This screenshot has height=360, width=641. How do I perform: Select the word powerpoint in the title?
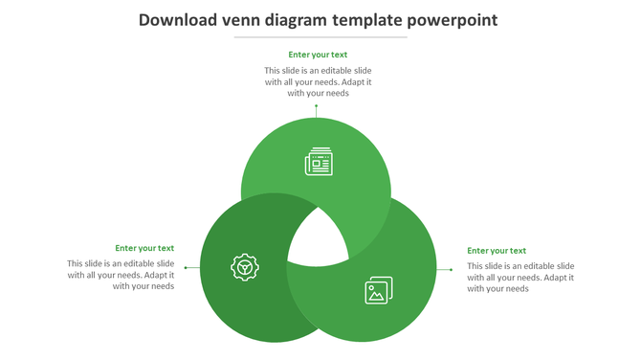coord(453,19)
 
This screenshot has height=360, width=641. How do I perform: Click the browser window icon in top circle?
coord(319,163)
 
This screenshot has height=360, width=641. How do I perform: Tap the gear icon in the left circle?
coord(246,267)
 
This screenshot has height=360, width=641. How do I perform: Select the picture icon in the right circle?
coord(379,290)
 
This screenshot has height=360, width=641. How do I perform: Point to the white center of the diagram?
coord(318,239)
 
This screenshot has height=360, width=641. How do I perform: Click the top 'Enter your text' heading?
coord(318,55)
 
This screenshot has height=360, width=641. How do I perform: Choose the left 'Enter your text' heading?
coord(144,248)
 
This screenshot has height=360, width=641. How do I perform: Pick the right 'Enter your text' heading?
coord(497,251)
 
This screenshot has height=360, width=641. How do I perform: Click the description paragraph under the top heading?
coord(318,82)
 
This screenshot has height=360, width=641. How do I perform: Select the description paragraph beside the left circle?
coord(121,275)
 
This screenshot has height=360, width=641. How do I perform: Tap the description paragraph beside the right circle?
coord(520,277)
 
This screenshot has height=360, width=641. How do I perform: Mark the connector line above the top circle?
coord(317,111)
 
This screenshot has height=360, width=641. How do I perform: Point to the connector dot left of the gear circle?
coord(186,268)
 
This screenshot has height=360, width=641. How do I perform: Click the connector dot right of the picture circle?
coord(451,269)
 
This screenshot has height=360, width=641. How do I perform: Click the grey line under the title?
coord(320,37)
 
